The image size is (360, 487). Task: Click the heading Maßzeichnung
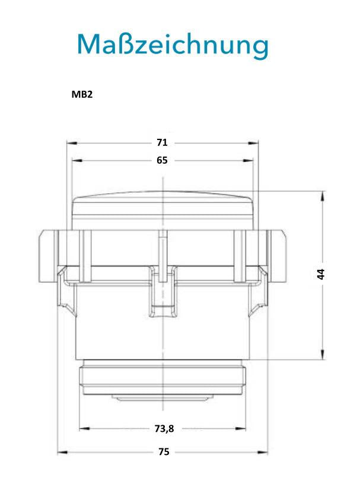pyautogui.click(x=173, y=45)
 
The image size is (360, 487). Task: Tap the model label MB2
pyautogui.click(x=82, y=94)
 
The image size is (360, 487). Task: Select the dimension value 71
pyautogui.click(x=162, y=142)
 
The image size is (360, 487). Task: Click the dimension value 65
pyautogui.click(x=162, y=160)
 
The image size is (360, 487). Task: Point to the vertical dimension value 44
pyautogui.click(x=321, y=274)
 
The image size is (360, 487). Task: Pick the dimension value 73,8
pyautogui.click(x=164, y=429)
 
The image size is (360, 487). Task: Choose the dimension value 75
pyautogui.click(x=164, y=451)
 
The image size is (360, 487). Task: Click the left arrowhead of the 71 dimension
pyautogui.click(x=72, y=143)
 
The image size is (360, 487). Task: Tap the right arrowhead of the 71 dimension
pyautogui.click(x=253, y=143)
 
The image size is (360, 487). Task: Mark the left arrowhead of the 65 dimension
pyautogui.click(x=77, y=161)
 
